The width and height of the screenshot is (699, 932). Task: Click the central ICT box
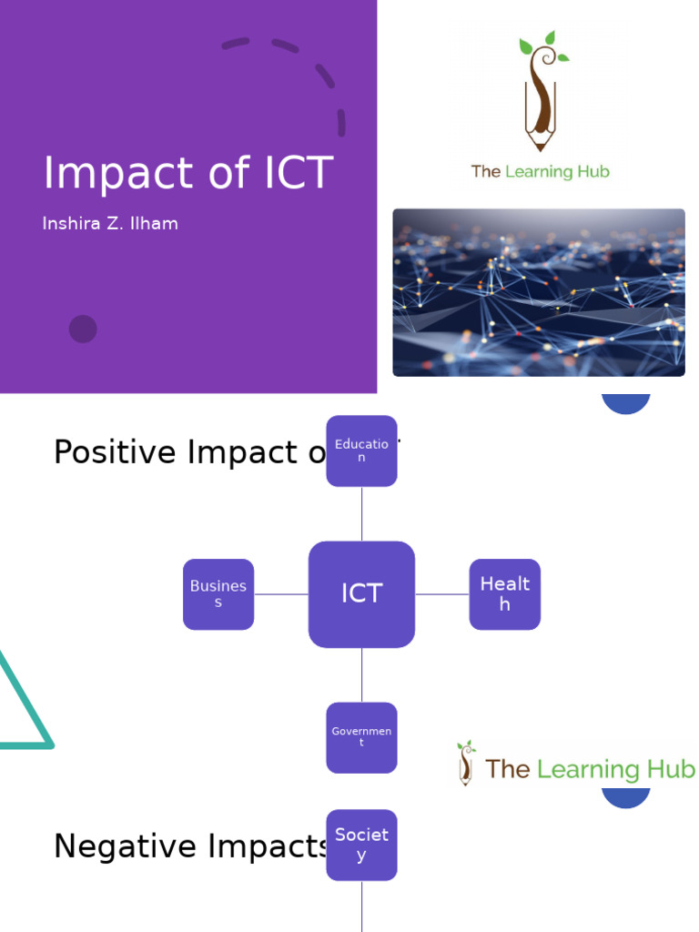click(361, 594)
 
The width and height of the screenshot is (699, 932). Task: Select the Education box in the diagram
click(361, 451)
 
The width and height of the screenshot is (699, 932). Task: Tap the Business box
click(218, 594)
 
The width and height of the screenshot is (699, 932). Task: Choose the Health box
click(504, 594)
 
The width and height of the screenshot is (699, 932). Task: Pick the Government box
click(361, 737)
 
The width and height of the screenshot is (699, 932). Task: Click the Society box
click(361, 845)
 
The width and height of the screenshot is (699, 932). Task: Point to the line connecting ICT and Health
click(441, 594)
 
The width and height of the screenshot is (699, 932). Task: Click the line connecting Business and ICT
click(280, 594)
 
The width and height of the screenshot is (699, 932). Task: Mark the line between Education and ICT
click(361, 513)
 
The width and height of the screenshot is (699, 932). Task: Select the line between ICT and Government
click(361, 674)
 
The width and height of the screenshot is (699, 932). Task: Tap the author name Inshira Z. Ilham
click(110, 224)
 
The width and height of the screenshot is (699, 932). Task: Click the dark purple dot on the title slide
click(83, 329)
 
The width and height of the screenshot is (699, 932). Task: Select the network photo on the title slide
click(538, 292)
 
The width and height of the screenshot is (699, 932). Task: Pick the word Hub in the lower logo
click(673, 769)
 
